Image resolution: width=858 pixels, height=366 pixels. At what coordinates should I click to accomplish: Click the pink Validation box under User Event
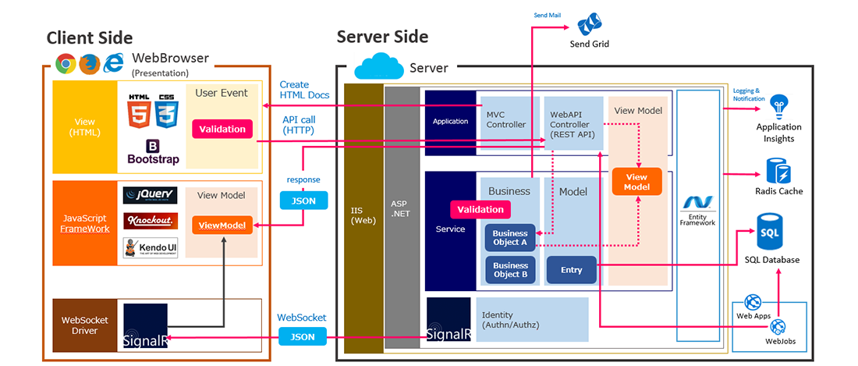pos(222,129)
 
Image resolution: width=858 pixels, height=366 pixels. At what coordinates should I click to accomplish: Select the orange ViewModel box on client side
pos(222,226)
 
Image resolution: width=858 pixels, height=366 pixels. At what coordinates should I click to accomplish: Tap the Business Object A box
pos(510,237)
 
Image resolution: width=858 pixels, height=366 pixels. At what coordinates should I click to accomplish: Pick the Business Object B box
pos(510,270)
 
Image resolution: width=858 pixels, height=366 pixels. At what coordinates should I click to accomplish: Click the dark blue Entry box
pos(571,270)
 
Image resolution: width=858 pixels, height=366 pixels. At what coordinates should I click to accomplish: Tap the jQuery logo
pos(150,195)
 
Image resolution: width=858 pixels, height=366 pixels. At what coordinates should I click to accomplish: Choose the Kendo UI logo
pos(150,248)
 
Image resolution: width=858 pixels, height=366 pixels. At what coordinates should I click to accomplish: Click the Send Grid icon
pos(594,23)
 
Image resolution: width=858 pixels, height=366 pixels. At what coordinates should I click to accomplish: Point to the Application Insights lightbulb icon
pos(778,105)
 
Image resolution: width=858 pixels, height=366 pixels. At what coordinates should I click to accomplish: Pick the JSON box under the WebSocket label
pos(297,337)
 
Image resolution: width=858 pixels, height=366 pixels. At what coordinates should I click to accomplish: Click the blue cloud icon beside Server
pos(378,66)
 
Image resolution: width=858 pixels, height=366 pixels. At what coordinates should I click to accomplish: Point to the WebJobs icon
pos(778,327)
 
